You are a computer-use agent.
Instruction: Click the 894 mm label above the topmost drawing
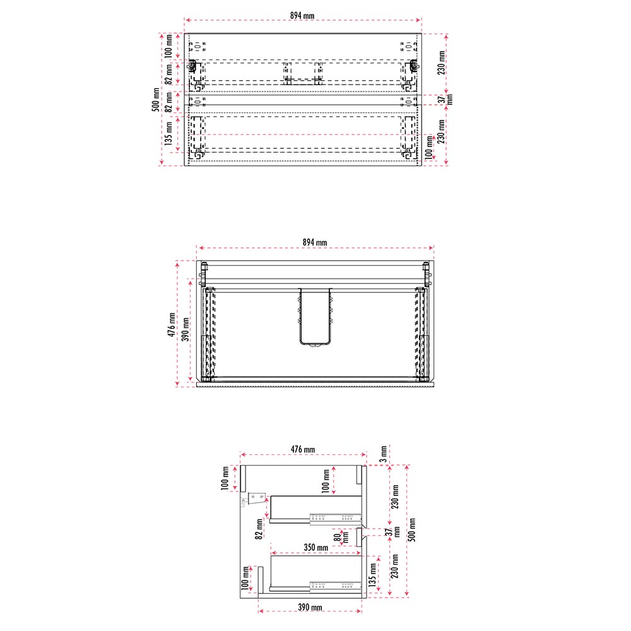[302, 16]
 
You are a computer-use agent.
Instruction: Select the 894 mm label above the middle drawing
[315, 242]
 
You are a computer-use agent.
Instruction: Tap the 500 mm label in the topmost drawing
[156, 100]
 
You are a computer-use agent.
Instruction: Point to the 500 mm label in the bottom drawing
[412, 529]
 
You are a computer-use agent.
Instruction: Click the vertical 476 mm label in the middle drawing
[172, 324]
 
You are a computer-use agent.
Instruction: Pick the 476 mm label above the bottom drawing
[303, 449]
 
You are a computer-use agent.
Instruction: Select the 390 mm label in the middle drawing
[186, 329]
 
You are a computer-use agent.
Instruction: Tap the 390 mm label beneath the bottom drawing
[310, 607]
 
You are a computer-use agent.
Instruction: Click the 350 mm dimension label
[316, 547]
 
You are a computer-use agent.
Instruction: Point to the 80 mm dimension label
[341, 538]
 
